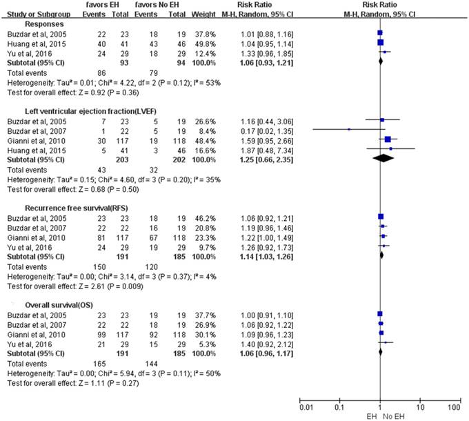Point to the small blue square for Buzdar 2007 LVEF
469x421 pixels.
click(x=349, y=129)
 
